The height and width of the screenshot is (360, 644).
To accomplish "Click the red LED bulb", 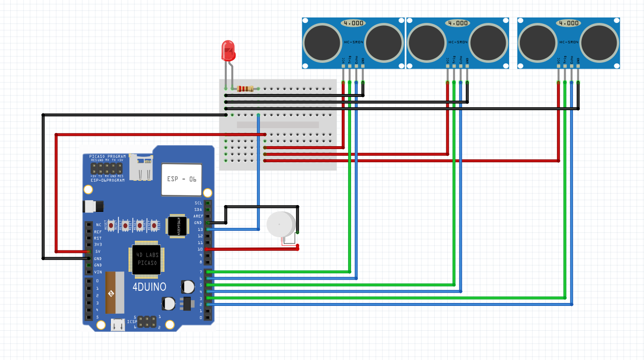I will coord(227,50).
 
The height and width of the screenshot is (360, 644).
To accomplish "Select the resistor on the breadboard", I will coord(245,89).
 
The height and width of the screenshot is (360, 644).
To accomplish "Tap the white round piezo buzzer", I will coord(280,224).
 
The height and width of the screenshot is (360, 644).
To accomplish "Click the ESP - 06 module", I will coord(182,179).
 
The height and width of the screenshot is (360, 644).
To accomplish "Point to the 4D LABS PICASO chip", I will coord(147,259).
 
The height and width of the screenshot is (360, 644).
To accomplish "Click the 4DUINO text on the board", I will coord(149,287).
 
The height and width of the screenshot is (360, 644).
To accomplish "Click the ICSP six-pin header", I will coord(147,322).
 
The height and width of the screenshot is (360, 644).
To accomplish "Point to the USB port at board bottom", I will coord(117,324).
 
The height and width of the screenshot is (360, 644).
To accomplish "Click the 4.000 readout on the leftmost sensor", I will coord(352,23).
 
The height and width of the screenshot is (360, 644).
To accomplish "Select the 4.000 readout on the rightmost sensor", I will coord(568,23).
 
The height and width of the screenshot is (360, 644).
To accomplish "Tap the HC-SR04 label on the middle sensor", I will coord(458,42).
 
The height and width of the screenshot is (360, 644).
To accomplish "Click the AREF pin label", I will coord(198,216).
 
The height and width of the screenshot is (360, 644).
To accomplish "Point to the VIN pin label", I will coord(98,272).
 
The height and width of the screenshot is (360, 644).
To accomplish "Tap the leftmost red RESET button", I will coord(111,225).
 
